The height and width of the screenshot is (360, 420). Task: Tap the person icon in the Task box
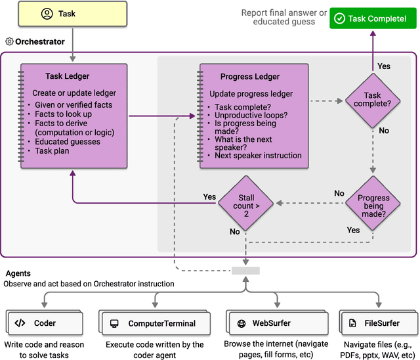47,13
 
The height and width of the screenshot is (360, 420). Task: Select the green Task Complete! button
368,18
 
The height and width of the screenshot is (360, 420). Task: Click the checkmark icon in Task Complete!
339,18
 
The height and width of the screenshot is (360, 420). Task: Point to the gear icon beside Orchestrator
9,41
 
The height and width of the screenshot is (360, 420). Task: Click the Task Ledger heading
68,76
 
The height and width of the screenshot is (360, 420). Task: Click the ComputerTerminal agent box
157,323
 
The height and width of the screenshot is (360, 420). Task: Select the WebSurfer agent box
266,323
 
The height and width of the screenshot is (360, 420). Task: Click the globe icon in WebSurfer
242,323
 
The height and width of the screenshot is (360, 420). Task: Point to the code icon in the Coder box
20,323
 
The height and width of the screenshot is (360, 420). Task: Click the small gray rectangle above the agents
245,271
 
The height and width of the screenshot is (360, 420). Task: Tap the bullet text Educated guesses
68,141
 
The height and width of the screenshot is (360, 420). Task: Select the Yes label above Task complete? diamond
384,66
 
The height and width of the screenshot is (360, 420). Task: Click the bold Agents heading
18,273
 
